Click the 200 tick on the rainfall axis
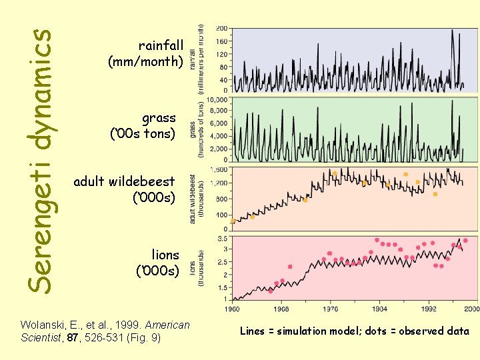click(221, 28)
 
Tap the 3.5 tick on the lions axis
click(223, 237)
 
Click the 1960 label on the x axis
click(232, 309)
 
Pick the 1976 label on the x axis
click(330, 309)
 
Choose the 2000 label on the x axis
click(471, 309)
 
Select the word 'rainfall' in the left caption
click(161, 45)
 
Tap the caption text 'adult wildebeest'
click(124, 181)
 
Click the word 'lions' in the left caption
click(165, 255)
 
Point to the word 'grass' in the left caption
click(159, 118)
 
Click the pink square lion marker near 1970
click(290, 267)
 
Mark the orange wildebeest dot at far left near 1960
click(233, 221)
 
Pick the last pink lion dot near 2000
click(465, 240)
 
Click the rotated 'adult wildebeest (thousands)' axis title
click(193, 199)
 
